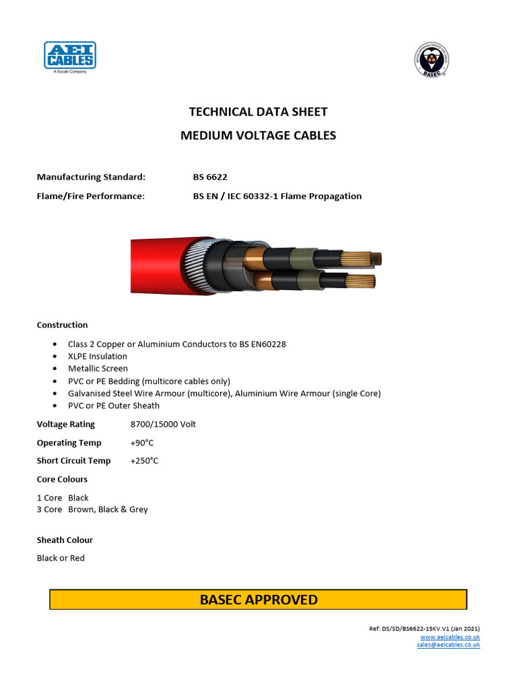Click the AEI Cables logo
pyautogui.click(x=70, y=56)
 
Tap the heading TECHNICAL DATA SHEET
pyautogui.click(x=258, y=112)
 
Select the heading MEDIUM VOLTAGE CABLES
pyautogui.click(x=258, y=135)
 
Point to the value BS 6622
pyautogui.click(x=210, y=177)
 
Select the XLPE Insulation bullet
pyautogui.click(x=97, y=356)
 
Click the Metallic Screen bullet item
pyautogui.click(x=98, y=368)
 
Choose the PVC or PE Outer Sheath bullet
pyautogui.click(x=114, y=405)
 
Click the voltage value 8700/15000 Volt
pyautogui.click(x=163, y=425)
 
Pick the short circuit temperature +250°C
pyautogui.click(x=144, y=461)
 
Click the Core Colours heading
pyautogui.click(x=62, y=479)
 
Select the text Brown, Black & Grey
pyautogui.click(x=108, y=509)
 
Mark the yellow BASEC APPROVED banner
pyautogui.click(x=258, y=600)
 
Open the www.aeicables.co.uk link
pyautogui.click(x=450, y=637)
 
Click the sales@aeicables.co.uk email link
pyautogui.click(x=448, y=645)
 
